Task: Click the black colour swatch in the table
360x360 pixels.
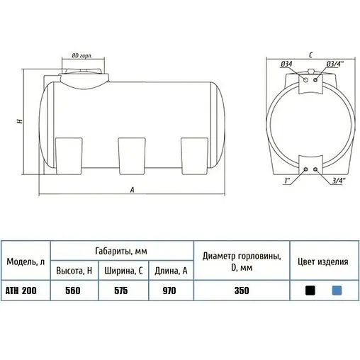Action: (310, 291)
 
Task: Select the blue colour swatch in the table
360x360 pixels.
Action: (337, 291)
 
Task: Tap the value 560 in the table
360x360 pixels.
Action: (73, 291)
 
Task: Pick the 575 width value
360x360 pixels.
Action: (121, 291)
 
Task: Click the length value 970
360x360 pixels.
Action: (169, 291)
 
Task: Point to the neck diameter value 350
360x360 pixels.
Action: (242, 291)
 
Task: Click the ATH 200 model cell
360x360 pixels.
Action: (21, 291)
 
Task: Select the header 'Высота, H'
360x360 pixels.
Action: (74, 271)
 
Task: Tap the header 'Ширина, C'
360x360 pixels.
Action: (123, 271)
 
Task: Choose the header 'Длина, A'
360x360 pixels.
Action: (171, 271)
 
